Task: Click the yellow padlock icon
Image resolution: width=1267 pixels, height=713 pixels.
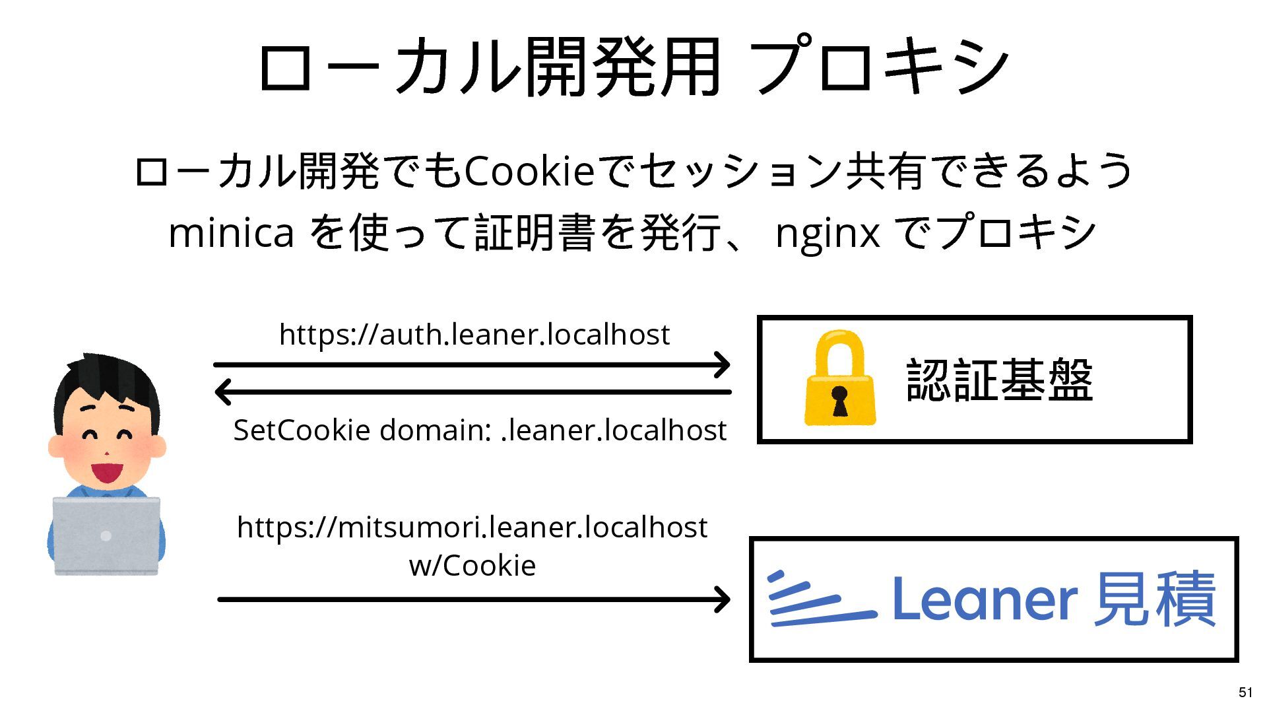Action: (x=839, y=379)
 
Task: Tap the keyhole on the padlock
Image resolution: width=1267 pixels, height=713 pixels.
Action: (x=839, y=399)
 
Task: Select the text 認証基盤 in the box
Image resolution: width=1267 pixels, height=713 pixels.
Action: (x=999, y=380)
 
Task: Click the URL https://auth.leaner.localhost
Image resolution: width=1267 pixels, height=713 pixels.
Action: (x=474, y=335)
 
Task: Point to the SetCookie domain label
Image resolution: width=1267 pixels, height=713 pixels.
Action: (x=480, y=430)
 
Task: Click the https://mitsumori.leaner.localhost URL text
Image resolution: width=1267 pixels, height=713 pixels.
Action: (x=472, y=527)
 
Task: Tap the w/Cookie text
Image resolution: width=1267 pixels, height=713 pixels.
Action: (x=472, y=566)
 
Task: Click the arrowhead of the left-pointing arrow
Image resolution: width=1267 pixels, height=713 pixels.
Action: (x=223, y=391)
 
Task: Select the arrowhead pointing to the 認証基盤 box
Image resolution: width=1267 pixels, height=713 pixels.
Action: (x=723, y=364)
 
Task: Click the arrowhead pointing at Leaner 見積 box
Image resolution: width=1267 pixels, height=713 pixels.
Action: (x=723, y=599)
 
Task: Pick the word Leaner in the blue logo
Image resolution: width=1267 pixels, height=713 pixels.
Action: (x=984, y=599)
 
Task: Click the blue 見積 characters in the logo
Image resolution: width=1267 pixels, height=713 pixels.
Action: (x=1154, y=599)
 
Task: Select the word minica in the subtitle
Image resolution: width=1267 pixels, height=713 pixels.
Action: (x=231, y=233)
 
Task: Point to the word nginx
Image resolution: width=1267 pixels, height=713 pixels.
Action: (x=827, y=233)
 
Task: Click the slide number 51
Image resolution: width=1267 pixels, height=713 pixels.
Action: (x=1245, y=692)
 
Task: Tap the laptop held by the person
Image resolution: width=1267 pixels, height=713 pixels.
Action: (x=106, y=535)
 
